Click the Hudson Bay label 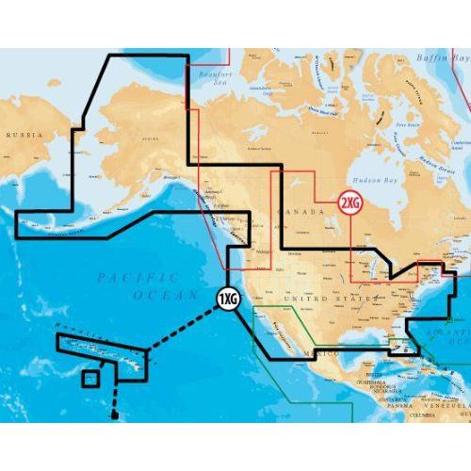tap(372, 176)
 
